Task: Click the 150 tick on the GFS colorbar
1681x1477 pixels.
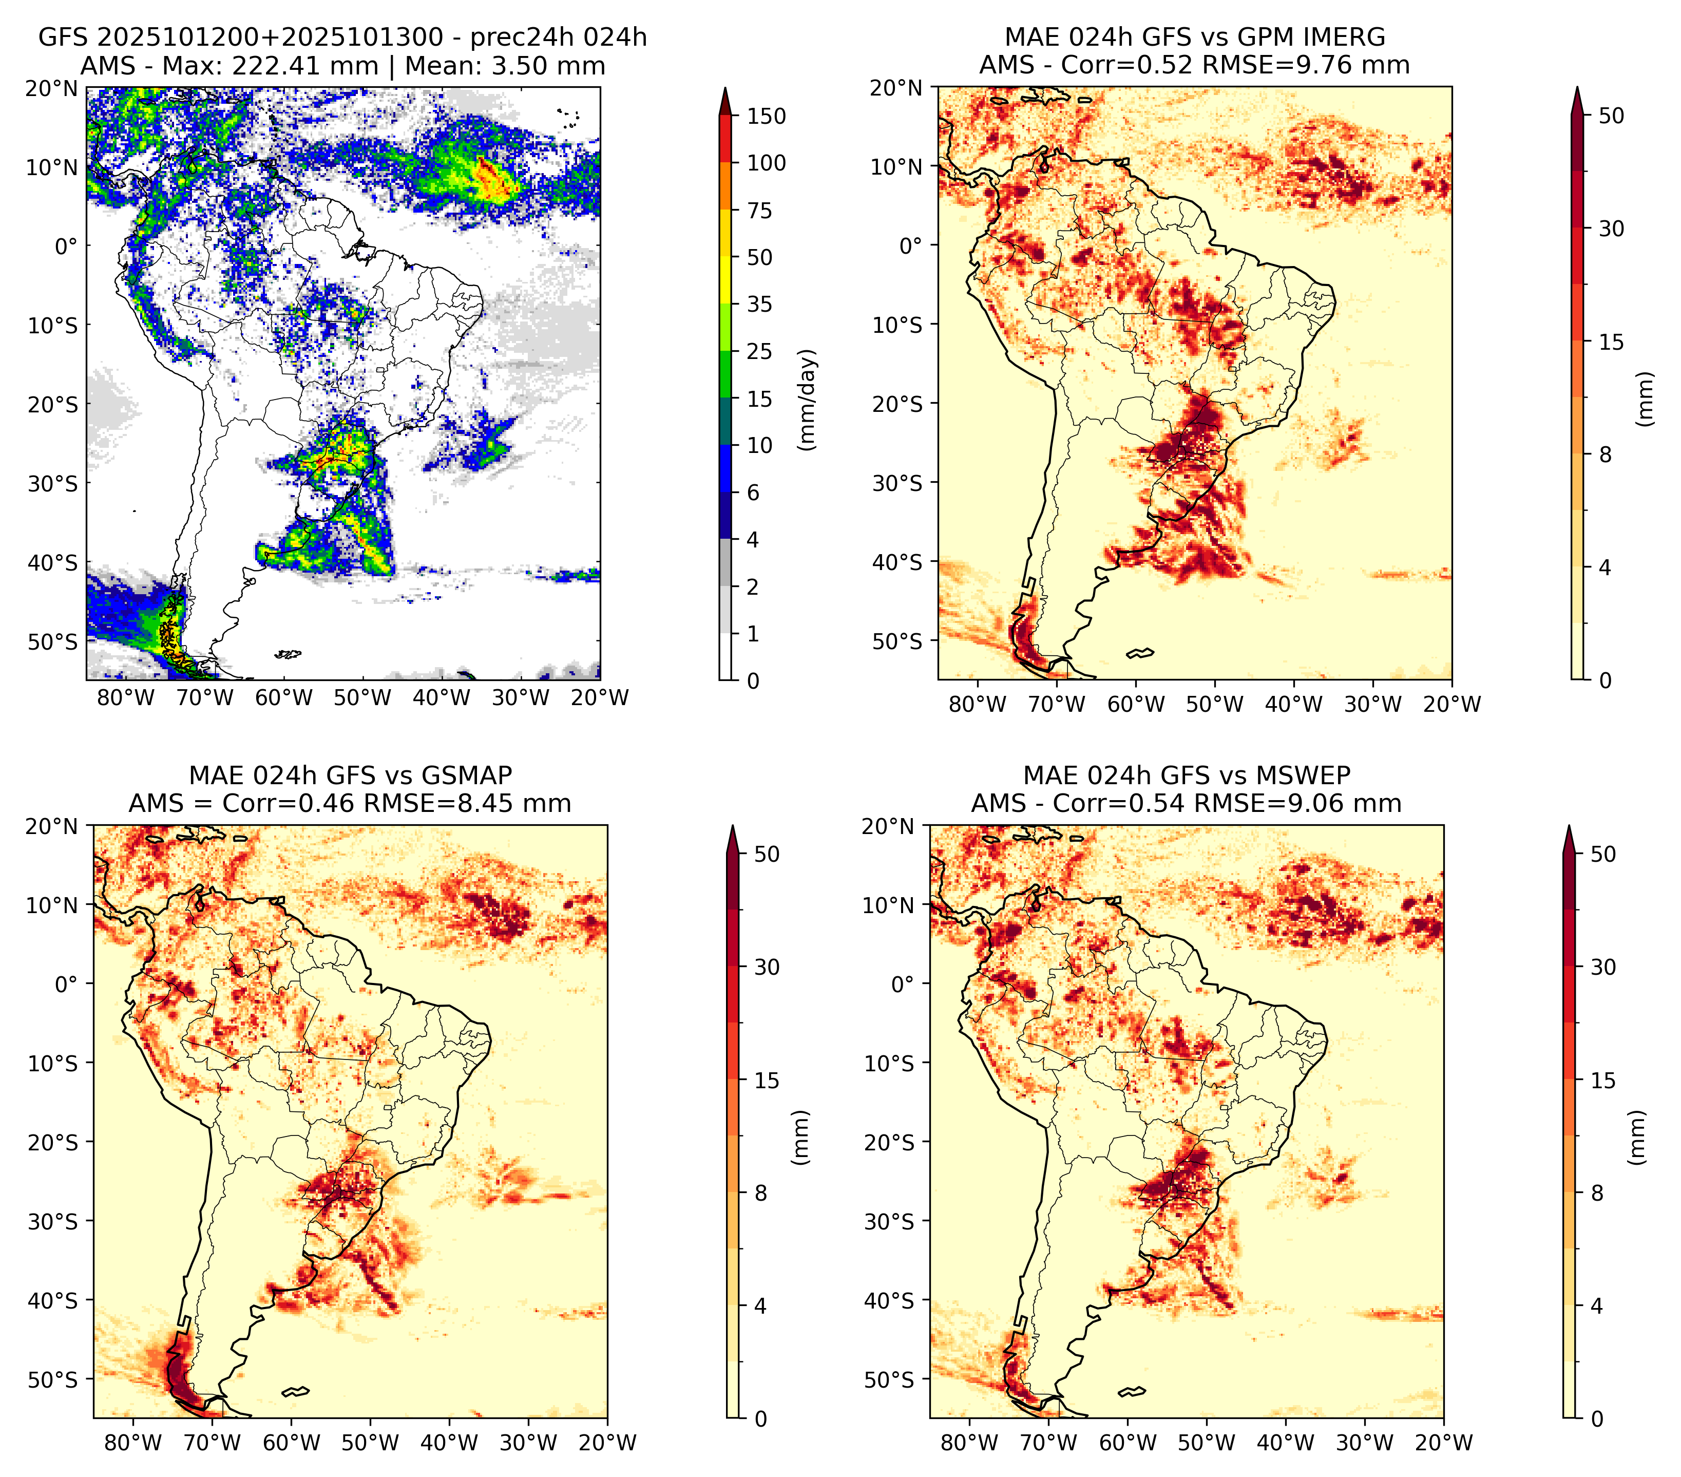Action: point(767,116)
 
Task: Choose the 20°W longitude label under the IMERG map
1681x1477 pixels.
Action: point(1451,705)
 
